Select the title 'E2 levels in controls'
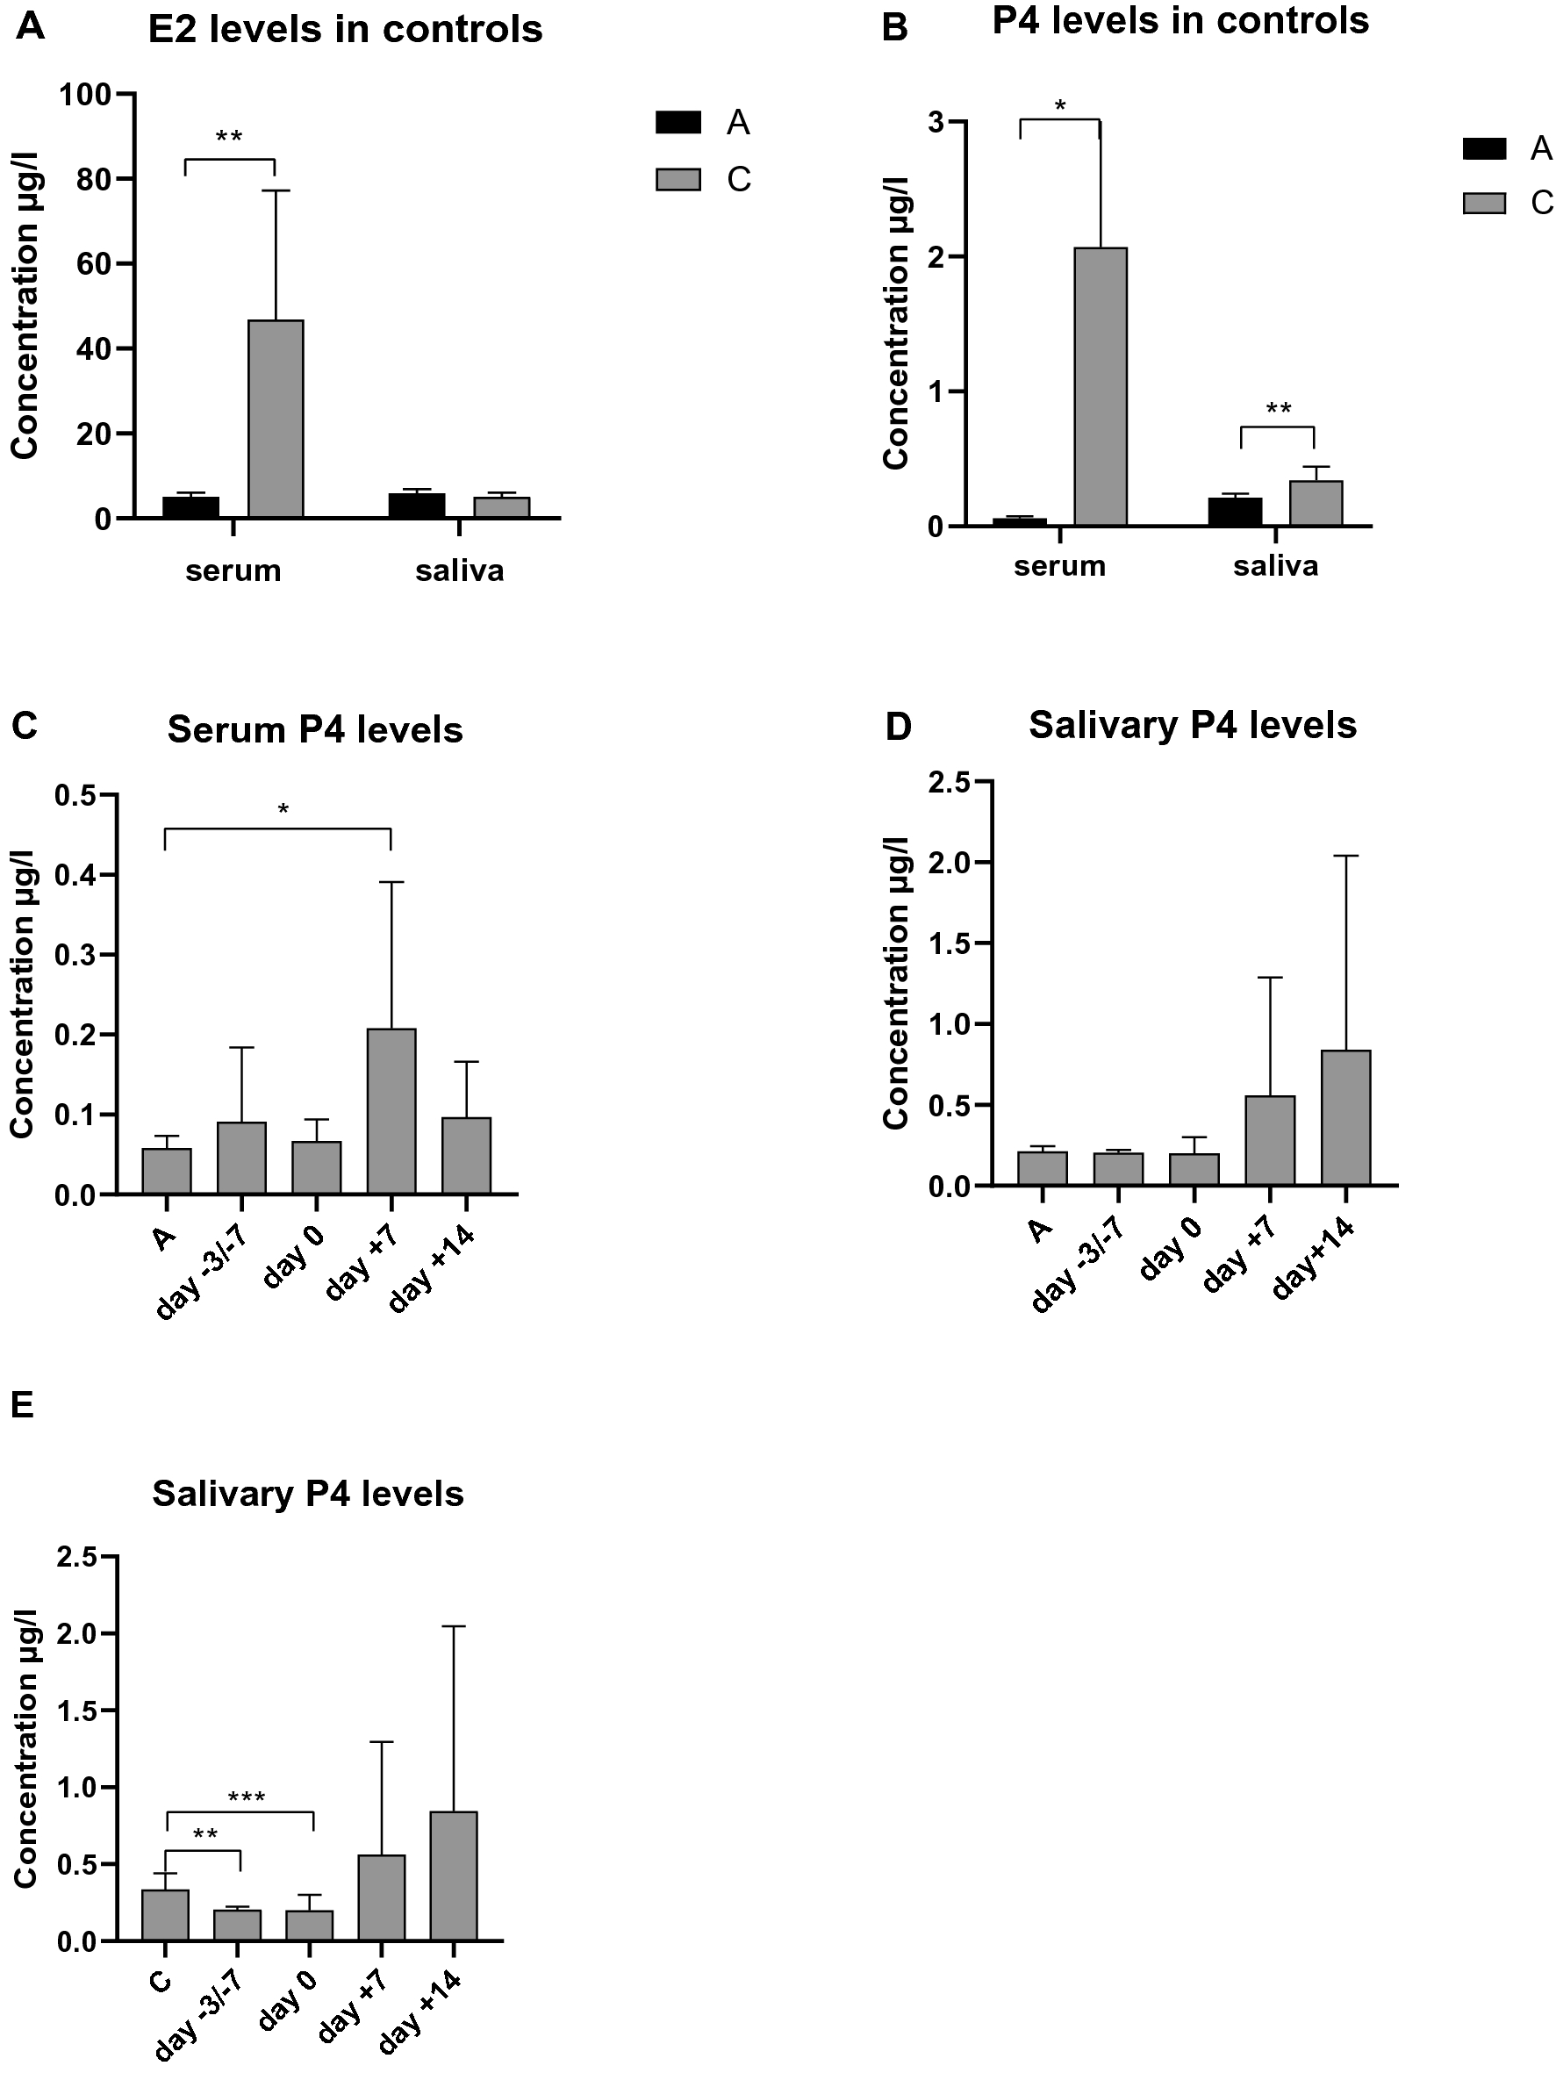point(345,30)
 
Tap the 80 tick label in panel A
point(92,179)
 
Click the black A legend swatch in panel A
point(678,122)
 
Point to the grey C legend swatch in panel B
point(1484,203)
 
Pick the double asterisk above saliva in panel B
point(1278,410)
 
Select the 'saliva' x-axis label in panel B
point(1275,566)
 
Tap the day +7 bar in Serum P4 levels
point(391,1110)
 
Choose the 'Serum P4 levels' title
point(315,730)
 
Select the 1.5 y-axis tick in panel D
point(948,943)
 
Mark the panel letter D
point(897,727)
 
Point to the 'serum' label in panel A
point(233,570)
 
